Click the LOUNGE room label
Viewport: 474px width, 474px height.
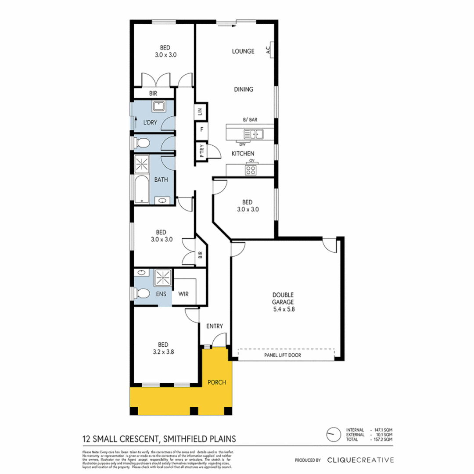coord(243,51)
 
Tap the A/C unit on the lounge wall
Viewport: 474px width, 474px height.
coord(270,49)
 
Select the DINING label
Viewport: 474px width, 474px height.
coord(244,90)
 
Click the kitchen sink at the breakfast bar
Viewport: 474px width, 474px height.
coord(254,133)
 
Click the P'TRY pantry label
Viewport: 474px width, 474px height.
coord(201,152)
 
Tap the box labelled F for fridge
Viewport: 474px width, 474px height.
coord(201,130)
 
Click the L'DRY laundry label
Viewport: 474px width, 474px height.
coord(151,123)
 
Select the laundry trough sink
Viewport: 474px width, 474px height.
coord(158,107)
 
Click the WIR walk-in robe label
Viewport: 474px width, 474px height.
coord(183,294)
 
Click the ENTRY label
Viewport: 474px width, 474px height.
coord(215,326)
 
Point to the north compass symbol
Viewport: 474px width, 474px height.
coord(333,434)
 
